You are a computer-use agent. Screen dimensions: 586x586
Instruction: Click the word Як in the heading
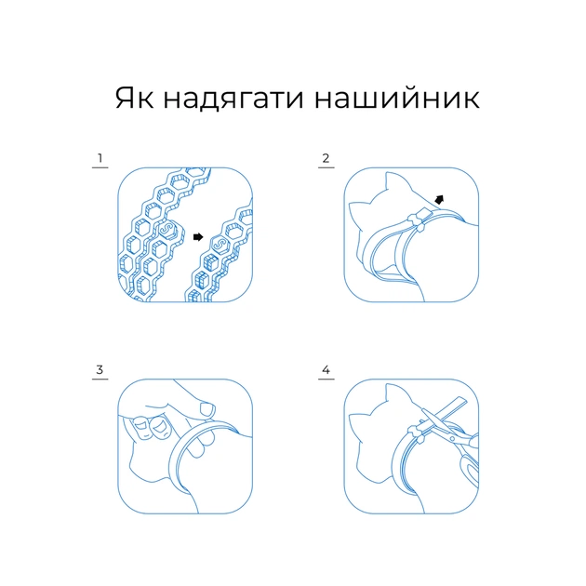pos(134,98)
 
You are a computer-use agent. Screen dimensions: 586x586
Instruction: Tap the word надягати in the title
pos(233,99)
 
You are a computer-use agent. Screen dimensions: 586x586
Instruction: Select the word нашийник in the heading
pos(397,97)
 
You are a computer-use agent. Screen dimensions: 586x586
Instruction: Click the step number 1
pos(100,158)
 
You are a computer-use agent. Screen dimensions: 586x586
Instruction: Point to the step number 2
pos(326,158)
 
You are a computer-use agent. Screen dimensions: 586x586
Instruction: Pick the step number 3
pos(100,369)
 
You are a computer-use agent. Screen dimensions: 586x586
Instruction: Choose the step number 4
pos(326,370)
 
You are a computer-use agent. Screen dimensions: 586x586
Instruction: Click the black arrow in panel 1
pos(198,236)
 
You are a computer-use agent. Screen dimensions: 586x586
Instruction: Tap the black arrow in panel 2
pos(439,200)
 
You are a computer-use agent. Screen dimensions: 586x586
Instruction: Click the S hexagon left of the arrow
pos(168,230)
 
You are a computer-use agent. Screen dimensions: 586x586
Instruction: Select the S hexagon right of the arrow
pos(220,244)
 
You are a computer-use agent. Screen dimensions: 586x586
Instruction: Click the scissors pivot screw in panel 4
pos(453,438)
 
